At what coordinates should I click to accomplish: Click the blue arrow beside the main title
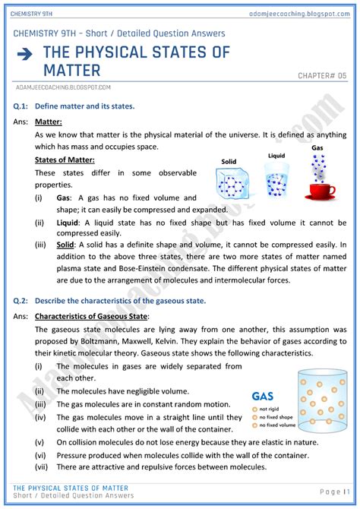pyautogui.click(x=24, y=54)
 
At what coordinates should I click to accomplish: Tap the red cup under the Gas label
pyautogui.click(x=320, y=191)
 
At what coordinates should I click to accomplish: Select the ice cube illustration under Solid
pyautogui.click(x=232, y=183)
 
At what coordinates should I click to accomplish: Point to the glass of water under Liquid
pyautogui.click(x=276, y=180)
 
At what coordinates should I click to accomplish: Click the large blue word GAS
pyautogui.click(x=263, y=397)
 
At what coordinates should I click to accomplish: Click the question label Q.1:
pyautogui.click(x=21, y=106)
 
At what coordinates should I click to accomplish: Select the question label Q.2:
pyautogui.click(x=21, y=301)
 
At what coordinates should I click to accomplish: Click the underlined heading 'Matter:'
pyautogui.click(x=49, y=122)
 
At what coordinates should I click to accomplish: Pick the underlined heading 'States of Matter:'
pyautogui.click(x=65, y=160)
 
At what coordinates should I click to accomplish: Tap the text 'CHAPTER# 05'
pyautogui.click(x=322, y=76)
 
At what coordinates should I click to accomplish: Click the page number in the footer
pyautogui.click(x=334, y=492)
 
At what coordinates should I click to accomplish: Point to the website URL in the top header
pyautogui.click(x=299, y=14)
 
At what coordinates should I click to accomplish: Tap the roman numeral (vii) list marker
pyautogui.click(x=41, y=467)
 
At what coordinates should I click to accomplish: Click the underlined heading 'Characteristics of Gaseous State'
pyautogui.click(x=91, y=316)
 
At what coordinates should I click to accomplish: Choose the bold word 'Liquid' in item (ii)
pyautogui.click(x=67, y=223)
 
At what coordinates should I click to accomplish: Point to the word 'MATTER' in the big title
pyautogui.click(x=71, y=71)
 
